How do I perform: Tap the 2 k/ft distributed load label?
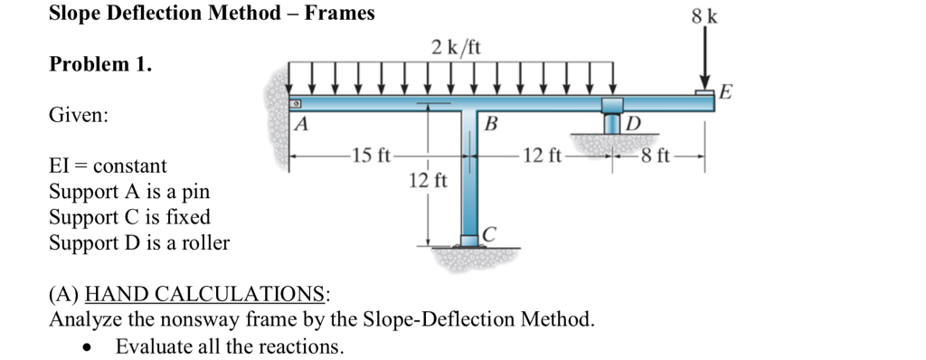(x=456, y=46)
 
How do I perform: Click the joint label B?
(x=491, y=123)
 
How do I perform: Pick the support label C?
(x=489, y=235)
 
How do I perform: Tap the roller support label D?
(x=633, y=124)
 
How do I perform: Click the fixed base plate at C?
(x=468, y=242)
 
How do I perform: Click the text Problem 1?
(x=100, y=65)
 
